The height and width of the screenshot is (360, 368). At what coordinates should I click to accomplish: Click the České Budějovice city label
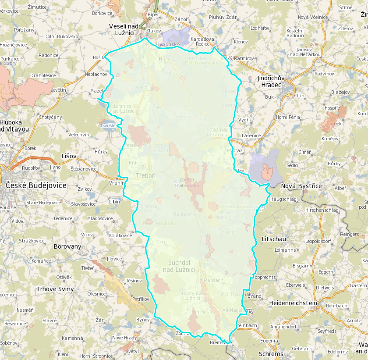tap(36, 185)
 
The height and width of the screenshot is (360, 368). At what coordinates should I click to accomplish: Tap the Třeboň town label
tap(145, 175)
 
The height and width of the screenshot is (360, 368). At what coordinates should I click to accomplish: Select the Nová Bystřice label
tap(301, 186)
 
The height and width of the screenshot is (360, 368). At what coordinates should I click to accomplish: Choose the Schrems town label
tap(271, 354)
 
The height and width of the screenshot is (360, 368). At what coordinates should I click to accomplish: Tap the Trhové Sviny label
tap(55, 289)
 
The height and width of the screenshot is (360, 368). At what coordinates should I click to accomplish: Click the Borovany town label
tap(67, 246)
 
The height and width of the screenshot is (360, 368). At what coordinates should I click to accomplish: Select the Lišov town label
tap(69, 156)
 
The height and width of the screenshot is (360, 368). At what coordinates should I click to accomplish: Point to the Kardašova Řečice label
tap(202, 42)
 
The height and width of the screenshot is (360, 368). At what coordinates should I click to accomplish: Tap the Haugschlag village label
tap(283, 199)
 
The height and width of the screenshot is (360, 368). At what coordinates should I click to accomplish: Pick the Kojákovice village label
tap(120, 235)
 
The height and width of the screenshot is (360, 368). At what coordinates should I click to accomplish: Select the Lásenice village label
tap(251, 136)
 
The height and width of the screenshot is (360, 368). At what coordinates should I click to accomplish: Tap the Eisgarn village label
tap(301, 266)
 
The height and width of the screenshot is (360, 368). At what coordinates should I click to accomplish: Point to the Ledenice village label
tap(63, 218)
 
